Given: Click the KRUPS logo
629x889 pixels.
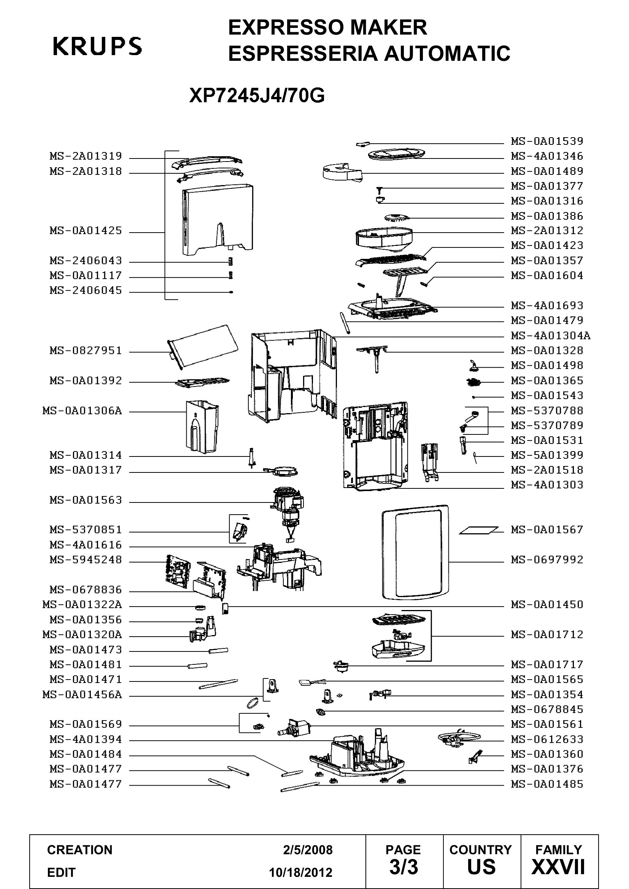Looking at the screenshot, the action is (97, 46).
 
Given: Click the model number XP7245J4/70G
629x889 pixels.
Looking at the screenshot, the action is (257, 95).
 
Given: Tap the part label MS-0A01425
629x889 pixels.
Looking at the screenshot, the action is (86, 231).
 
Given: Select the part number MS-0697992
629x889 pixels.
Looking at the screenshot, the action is (547, 559).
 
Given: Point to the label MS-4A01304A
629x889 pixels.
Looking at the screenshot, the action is (550, 335).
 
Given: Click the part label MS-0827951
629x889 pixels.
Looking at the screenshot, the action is (86, 351).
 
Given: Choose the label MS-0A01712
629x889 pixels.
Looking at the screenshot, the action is (547, 634).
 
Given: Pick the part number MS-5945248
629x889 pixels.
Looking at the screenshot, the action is (86, 559).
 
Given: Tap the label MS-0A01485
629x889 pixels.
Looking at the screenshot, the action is (547, 784).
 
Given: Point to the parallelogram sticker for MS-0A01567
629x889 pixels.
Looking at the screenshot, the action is (479, 531).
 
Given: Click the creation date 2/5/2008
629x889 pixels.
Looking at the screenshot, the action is (308, 850).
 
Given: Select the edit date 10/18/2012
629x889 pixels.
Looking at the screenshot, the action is (301, 873).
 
